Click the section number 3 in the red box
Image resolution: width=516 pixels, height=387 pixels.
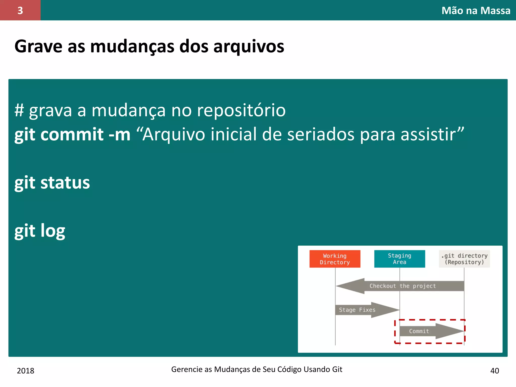(x=20, y=11)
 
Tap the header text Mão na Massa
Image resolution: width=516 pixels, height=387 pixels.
(x=476, y=11)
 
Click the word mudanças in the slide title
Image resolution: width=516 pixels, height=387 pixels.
(x=132, y=46)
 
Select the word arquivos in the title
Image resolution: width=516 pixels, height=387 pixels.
(x=249, y=46)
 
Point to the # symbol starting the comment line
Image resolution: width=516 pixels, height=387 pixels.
(x=19, y=110)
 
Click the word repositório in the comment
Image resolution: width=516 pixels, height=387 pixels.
(x=241, y=110)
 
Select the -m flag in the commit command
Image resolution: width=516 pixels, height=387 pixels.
(x=119, y=134)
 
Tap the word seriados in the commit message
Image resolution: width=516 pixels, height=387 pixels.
(x=320, y=134)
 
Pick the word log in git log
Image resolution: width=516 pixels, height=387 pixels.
(x=53, y=231)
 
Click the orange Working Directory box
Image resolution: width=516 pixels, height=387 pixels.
(x=335, y=259)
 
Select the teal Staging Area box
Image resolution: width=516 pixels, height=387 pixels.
(x=399, y=259)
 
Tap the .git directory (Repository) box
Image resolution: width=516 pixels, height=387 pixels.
(x=464, y=259)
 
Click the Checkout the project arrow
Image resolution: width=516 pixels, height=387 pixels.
(x=402, y=286)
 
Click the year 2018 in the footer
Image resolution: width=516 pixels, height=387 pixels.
(x=25, y=371)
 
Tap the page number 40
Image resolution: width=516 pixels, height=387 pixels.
(x=495, y=371)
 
